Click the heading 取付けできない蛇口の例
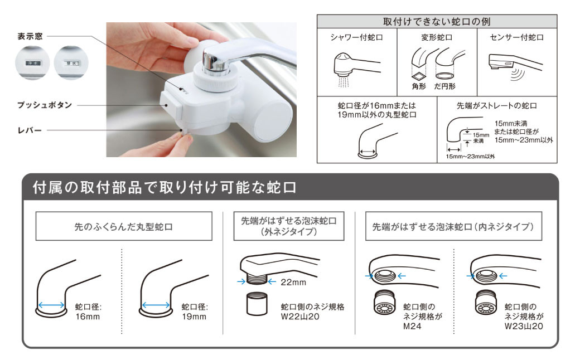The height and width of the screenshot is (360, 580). click(437, 22)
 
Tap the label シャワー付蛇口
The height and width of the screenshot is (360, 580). click(356, 37)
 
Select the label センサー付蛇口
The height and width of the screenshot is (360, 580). click(518, 37)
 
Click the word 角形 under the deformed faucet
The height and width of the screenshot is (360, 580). click(419, 86)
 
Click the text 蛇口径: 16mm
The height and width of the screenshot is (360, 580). click(86, 312)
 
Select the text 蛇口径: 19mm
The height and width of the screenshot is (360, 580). click(194, 312)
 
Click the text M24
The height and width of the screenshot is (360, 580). click(412, 326)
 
